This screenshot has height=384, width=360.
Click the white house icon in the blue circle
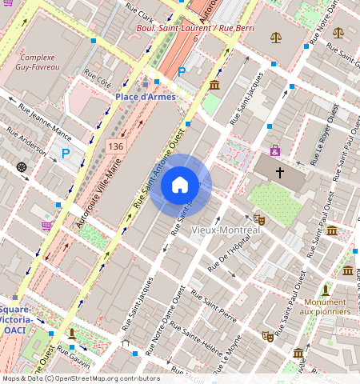pos(180,186)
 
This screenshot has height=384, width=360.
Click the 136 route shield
pos(116,146)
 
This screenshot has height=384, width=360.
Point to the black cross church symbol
pos(280,172)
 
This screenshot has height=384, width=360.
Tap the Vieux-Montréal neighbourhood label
pos(226,230)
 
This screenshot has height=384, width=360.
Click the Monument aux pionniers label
pos(325,306)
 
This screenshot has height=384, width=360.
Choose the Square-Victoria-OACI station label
pos(16,319)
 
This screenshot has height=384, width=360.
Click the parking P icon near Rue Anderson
pos(66,153)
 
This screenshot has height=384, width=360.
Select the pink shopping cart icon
pos(47,226)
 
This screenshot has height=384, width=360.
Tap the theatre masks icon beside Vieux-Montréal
pos(259,218)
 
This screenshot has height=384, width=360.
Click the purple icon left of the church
pos(274,150)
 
